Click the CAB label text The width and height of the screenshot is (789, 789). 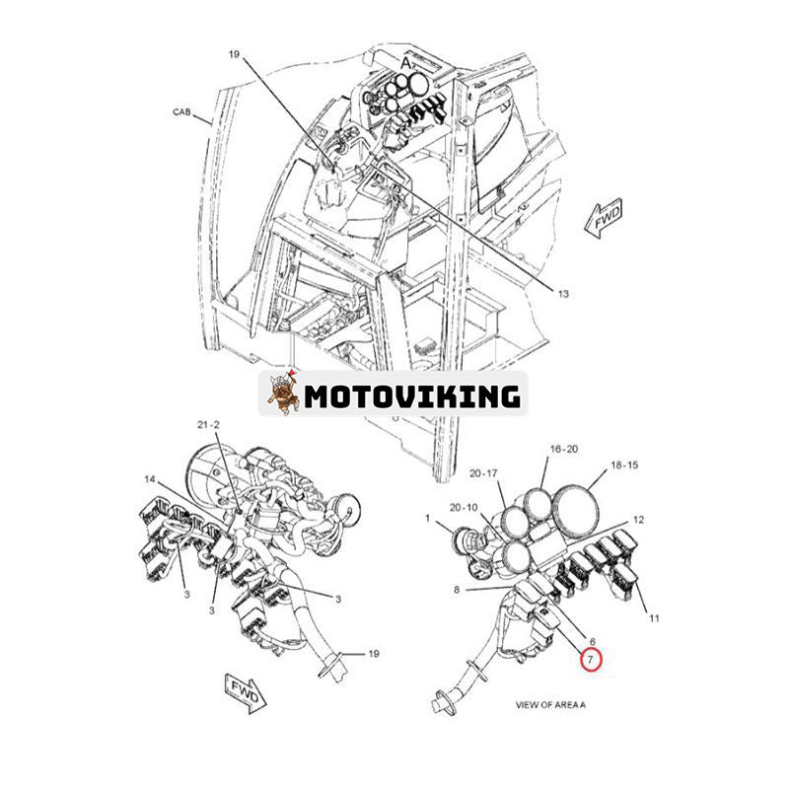(x=183, y=112)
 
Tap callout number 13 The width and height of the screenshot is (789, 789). (x=563, y=294)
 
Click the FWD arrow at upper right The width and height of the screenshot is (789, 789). (x=603, y=220)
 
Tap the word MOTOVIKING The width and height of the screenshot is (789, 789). (x=411, y=396)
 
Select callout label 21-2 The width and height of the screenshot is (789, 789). (x=208, y=425)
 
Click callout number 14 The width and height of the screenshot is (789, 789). (x=150, y=479)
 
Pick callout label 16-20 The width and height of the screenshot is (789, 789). (x=564, y=448)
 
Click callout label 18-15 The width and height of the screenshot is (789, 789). (x=624, y=464)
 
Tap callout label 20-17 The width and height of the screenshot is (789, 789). (x=484, y=472)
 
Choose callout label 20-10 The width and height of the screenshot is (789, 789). (x=463, y=507)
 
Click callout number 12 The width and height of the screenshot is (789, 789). (x=638, y=519)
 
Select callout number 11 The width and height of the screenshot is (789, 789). (x=653, y=618)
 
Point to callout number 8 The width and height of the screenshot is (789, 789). (x=457, y=591)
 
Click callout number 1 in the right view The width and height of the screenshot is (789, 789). (x=427, y=518)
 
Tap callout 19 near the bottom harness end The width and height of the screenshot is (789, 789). (x=374, y=653)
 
